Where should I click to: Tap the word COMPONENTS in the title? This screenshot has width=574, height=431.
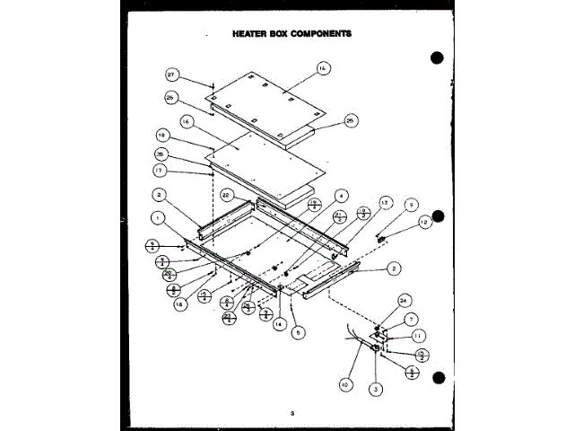click(318, 33)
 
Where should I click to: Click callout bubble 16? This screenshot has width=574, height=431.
click(185, 119)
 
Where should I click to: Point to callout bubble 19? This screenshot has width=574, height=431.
click(162, 136)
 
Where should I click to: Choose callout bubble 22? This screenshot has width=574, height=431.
click(227, 195)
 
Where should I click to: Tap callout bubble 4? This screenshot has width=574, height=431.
click(342, 195)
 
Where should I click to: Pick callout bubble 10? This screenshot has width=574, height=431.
click(344, 385)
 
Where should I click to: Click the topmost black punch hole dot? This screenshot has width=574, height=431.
click(438, 58)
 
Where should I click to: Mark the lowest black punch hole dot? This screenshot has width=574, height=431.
click(439, 378)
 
